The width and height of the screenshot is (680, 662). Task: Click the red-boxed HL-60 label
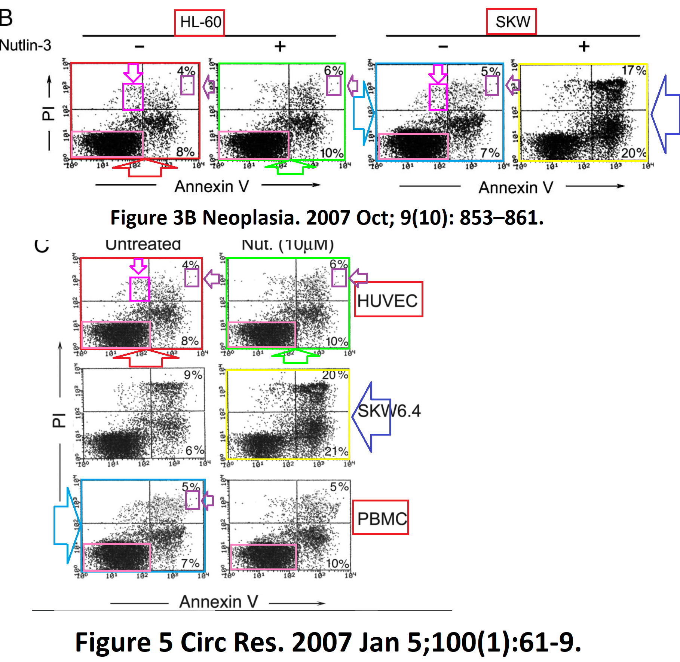tap(199, 22)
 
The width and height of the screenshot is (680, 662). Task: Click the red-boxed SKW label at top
tap(511, 22)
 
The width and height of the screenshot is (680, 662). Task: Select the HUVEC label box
tap(388, 299)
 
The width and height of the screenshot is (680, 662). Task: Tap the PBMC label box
tap(380, 517)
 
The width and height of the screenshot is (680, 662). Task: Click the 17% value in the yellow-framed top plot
tap(633, 70)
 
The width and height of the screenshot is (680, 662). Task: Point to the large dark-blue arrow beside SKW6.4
tap(370, 417)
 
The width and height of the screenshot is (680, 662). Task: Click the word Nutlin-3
tap(25, 45)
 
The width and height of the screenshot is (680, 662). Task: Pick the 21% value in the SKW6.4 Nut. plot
tap(336, 451)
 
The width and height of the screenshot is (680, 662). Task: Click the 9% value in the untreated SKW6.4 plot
tap(193, 375)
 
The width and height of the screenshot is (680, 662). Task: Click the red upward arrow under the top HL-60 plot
tap(145, 167)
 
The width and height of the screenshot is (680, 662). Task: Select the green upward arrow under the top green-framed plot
tap(290, 167)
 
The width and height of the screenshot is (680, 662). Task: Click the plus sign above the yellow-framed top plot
tap(584, 46)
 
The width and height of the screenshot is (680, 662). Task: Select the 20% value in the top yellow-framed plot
tap(633, 153)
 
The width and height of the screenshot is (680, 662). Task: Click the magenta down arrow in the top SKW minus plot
tap(438, 73)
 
